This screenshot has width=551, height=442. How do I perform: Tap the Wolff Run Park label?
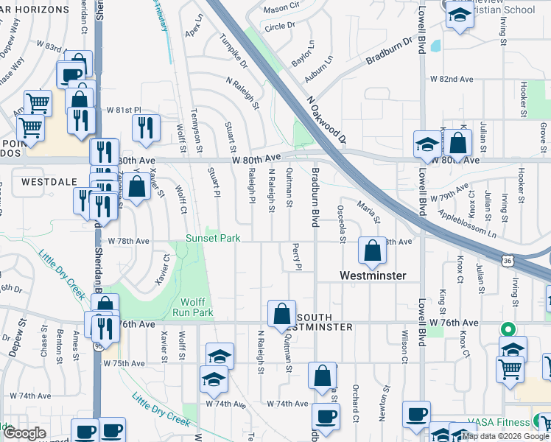click(197, 307)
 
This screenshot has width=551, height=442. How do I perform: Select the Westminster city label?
click(373, 276)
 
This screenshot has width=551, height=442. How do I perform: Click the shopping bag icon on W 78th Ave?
click(373, 251)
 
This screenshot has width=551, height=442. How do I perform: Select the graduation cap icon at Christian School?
click(460, 15)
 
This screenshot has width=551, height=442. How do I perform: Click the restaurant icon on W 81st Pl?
click(146, 127)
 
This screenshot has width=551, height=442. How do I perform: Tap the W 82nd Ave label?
click(451, 79)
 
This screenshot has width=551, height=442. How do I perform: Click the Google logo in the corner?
click(24, 433)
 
